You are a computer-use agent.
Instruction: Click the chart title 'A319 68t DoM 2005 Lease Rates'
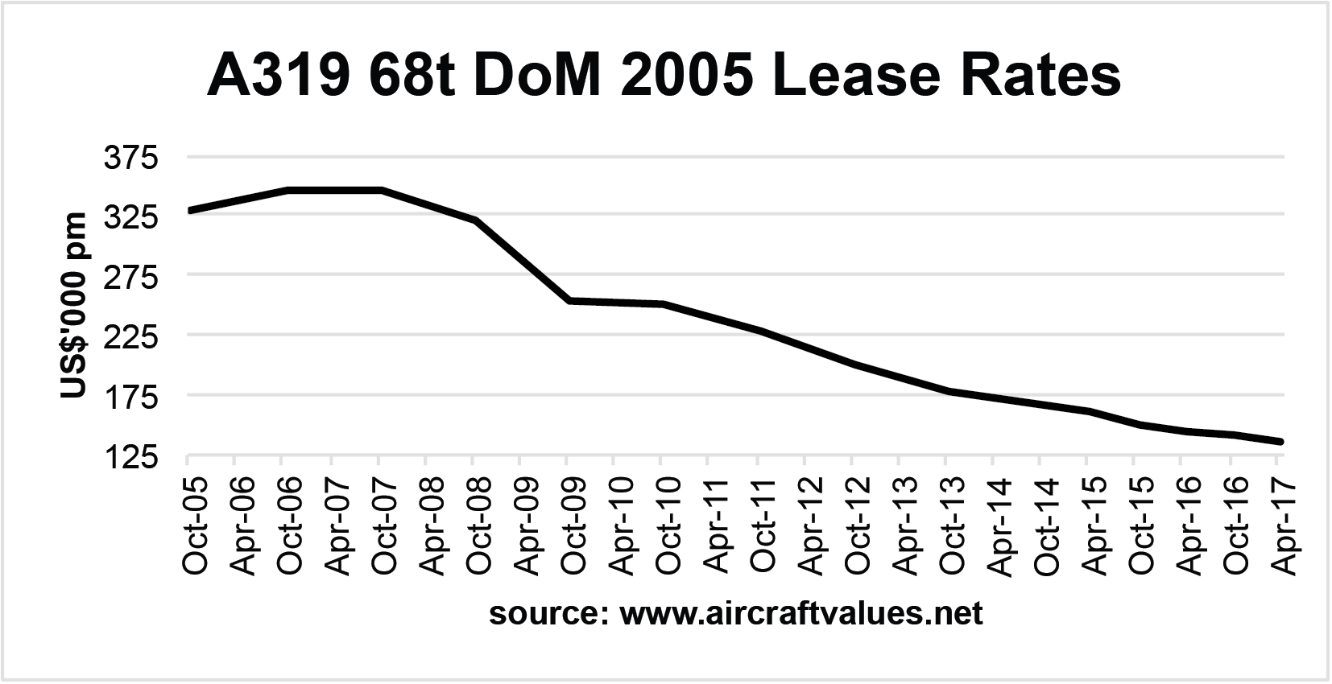[664, 78]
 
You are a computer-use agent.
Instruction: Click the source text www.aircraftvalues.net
[735, 614]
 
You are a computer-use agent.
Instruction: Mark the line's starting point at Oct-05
[188, 211]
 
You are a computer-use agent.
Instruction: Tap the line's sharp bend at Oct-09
[568, 300]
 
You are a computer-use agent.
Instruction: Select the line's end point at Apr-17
[1280, 442]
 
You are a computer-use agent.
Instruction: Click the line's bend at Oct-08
[475, 219]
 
